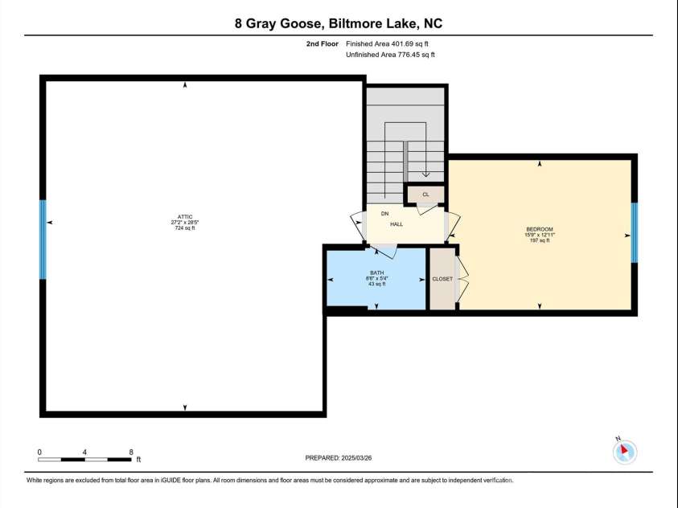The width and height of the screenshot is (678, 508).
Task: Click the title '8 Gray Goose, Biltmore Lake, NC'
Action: coord(339,23)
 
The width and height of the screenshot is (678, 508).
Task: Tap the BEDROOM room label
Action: coord(540,229)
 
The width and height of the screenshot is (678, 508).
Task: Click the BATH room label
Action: coord(376,273)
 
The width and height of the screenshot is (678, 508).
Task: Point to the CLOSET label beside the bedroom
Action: coord(442,279)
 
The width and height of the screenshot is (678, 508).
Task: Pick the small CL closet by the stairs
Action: coord(425,195)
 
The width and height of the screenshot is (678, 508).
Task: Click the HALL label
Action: coord(397,224)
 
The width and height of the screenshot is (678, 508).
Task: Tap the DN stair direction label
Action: coord(384,214)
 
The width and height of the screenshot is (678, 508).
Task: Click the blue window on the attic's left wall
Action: coord(43,240)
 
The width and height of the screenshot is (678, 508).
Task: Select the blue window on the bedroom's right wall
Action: coord(634,233)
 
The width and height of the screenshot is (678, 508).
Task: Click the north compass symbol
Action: coord(624,451)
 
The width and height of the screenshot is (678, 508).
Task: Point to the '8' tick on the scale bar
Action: coord(131,453)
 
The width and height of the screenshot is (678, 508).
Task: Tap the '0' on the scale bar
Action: coord(39,453)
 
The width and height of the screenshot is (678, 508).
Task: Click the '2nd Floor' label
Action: coord(322,43)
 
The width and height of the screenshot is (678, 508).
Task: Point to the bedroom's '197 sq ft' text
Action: coord(540,240)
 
